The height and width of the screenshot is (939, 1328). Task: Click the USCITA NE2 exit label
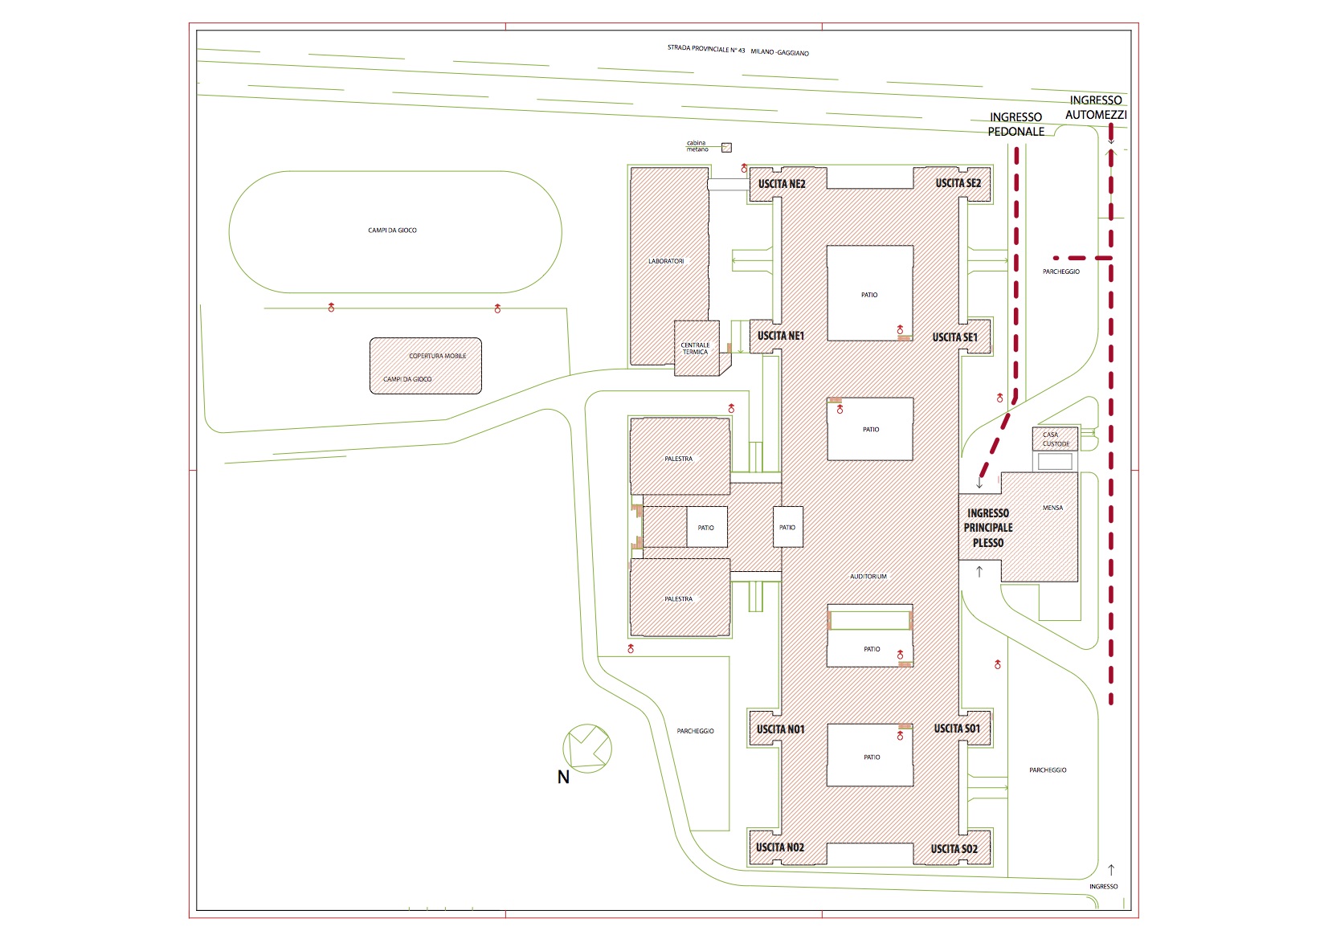click(782, 184)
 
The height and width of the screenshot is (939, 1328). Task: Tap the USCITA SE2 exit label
click(958, 183)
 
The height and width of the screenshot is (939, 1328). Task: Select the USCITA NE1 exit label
click(781, 336)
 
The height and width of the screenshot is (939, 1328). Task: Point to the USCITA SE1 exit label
click(954, 337)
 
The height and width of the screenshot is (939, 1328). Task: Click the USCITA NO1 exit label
click(780, 729)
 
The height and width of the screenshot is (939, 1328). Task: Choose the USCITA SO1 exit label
click(957, 728)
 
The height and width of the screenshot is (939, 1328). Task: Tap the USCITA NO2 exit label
click(779, 847)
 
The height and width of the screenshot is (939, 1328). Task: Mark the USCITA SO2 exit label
click(954, 849)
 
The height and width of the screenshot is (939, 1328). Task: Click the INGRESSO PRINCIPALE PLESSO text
click(987, 528)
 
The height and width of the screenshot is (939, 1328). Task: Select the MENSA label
click(1052, 508)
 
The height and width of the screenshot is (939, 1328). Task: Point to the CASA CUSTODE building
click(1056, 439)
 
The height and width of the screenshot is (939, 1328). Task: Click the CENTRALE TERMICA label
click(695, 349)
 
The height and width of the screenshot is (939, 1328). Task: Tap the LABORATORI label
click(666, 261)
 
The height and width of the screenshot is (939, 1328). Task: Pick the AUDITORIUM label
click(868, 576)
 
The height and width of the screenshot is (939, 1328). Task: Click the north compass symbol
click(587, 748)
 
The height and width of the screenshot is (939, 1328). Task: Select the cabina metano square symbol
click(726, 148)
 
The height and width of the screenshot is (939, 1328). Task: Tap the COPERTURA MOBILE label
click(438, 356)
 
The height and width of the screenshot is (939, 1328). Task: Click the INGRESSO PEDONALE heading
click(1015, 124)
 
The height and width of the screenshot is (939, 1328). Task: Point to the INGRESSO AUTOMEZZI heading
click(1096, 108)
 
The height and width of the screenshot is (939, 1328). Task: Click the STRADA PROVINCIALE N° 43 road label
click(706, 49)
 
